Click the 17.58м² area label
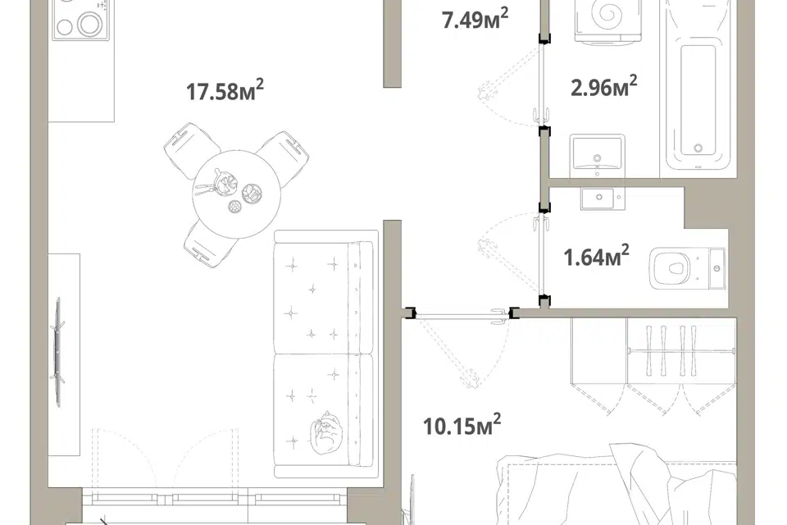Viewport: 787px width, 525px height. coord(225,90)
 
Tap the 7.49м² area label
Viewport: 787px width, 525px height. coord(475,19)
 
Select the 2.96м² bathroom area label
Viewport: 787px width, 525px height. coord(604,86)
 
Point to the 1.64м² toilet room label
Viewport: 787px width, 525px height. coord(596,255)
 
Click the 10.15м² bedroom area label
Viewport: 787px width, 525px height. coord(462,425)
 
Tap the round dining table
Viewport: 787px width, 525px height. coord(236,194)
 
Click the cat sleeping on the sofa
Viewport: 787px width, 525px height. coord(325,431)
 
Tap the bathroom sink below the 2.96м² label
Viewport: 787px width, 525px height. coord(598,153)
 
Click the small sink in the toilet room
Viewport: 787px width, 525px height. coord(599,198)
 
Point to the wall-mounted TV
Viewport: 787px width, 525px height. coord(58,352)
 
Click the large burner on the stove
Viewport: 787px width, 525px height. coord(89,23)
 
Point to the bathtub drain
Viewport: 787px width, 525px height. coord(698,148)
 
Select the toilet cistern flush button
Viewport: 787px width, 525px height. coord(716,269)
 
